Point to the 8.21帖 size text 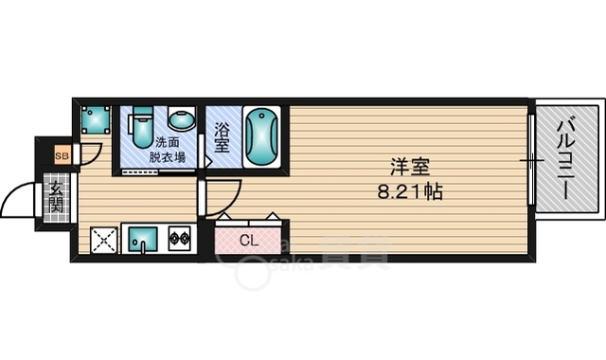pyautogui.click(x=410, y=191)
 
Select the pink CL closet pyautogui.click(x=249, y=240)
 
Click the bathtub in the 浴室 pyautogui.click(x=260, y=137)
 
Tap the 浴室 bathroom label pyautogui.click(x=221, y=139)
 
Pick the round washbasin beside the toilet pyautogui.click(x=181, y=120)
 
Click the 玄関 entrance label pyautogui.click(x=56, y=196)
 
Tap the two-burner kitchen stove pyautogui.click(x=180, y=240)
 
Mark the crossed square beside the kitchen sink pyautogui.click(x=103, y=241)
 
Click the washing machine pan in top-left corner pyautogui.click(x=95, y=119)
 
